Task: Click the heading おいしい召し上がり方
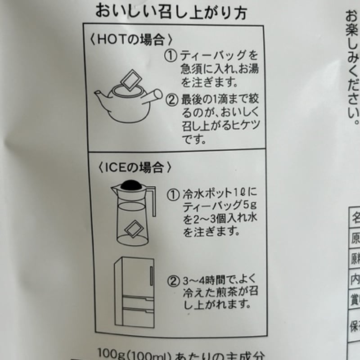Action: click(x=171, y=12)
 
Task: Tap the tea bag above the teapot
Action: click(x=130, y=81)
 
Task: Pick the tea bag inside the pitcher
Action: click(x=133, y=229)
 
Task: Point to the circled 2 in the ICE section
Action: click(x=173, y=280)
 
